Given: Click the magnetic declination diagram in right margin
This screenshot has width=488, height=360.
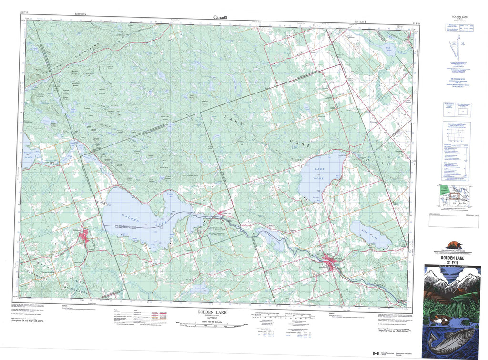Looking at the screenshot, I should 458,48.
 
